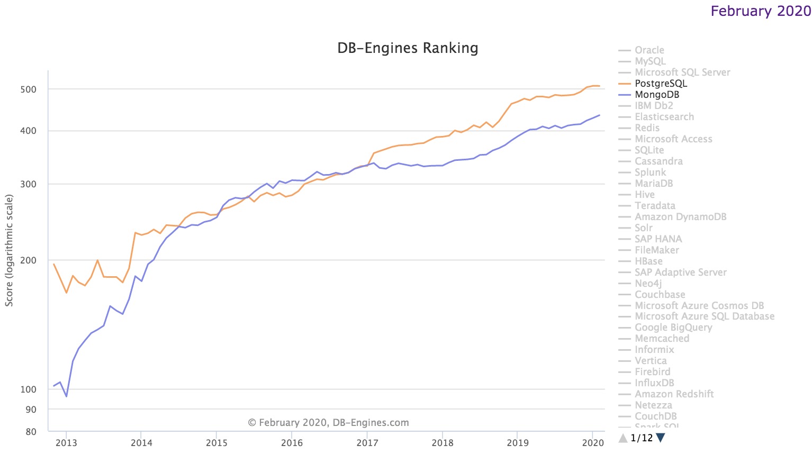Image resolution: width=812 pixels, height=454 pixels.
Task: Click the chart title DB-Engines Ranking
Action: pyautogui.click(x=408, y=48)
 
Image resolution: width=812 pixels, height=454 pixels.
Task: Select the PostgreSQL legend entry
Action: pyautogui.click(x=661, y=84)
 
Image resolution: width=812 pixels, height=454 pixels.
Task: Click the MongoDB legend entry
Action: pyautogui.click(x=657, y=95)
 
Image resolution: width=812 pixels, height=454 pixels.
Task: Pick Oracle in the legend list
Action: pyautogui.click(x=649, y=50)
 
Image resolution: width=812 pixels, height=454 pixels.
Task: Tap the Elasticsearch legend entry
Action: pyautogui.click(x=664, y=117)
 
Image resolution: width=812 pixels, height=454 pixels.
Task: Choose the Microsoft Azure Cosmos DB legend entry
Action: pyautogui.click(x=699, y=306)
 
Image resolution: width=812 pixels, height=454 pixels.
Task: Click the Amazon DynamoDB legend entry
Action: pyautogui.click(x=680, y=217)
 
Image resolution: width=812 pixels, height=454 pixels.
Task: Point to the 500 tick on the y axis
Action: pyautogui.click(x=28, y=89)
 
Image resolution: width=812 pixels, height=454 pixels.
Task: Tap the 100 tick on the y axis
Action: pyautogui.click(x=28, y=389)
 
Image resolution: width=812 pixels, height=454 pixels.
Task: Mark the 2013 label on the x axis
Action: pyautogui.click(x=66, y=443)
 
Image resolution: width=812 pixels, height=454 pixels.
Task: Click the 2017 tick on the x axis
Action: pyautogui.click(x=367, y=443)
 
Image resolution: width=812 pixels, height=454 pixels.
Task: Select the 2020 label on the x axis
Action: pyautogui.click(x=593, y=443)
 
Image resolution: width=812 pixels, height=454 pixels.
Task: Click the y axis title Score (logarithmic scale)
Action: pyautogui.click(x=9, y=250)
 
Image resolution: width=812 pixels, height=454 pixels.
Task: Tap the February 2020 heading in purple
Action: pyautogui.click(x=760, y=11)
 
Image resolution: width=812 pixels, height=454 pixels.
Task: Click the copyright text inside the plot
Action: pyautogui.click(x=328, y=423)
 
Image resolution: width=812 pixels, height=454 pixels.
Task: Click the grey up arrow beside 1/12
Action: pyautogui.click(x=623, y=438)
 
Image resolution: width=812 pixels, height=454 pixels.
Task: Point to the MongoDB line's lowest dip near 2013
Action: pyautogui.click(x=66, y=396)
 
